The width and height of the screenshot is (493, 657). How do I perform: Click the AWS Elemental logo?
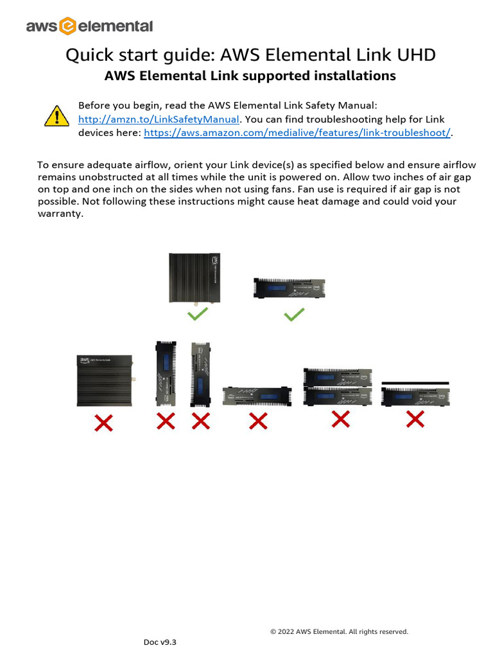[89, 26]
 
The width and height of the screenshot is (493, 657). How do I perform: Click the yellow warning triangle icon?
[57, 115]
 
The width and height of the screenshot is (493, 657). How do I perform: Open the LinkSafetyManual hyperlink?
[159, 119]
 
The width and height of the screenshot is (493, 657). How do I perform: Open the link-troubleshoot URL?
[297, 133]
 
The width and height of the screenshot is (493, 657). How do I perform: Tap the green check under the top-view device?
[197, 314]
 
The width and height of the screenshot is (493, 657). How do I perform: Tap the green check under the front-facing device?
[294, 315]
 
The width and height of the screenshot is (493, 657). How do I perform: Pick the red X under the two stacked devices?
[340, 419]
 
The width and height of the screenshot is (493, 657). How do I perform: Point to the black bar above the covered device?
[415, 383]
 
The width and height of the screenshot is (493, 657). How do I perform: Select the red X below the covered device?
[415, 420]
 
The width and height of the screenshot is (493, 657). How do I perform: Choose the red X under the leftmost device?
[104, 422]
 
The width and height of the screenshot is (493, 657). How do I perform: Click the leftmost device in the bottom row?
[105, 380]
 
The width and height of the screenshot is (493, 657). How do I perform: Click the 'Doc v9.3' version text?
[159, 642]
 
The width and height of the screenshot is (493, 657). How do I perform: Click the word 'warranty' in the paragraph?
[60, 214]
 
